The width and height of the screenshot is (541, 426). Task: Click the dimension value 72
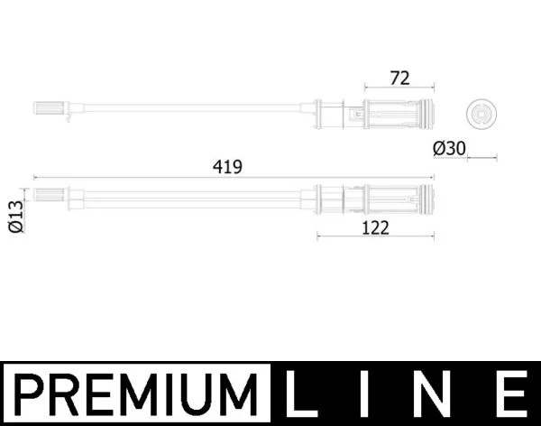coord(399,79)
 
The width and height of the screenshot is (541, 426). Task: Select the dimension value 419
coord(227,167)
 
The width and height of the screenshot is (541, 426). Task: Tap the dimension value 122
coord(375,228)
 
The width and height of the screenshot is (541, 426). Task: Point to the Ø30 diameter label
coord(449,149)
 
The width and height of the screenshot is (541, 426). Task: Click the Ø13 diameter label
coord(16,217)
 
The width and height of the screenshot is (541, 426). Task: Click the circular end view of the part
coord(481,114)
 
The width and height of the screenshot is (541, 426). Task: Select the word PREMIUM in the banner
coord(136,394)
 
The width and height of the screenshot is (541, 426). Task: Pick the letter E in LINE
coord(514,394)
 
